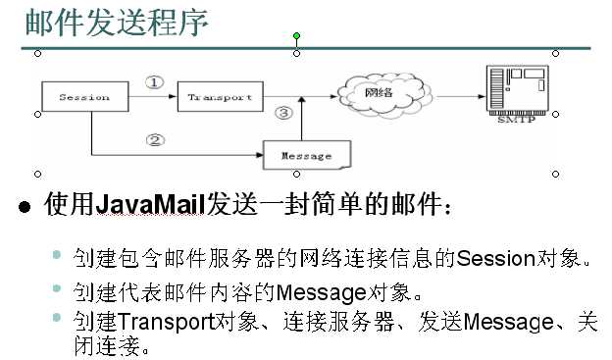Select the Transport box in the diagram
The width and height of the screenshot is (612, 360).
click(x=220, y=97)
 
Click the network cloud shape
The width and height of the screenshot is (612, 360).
click(x=382, y=93)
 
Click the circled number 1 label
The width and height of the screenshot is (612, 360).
click(x=154, y=82)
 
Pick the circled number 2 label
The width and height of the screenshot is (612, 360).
click(x=154, y=139)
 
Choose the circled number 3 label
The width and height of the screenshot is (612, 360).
click(x=284, y=114)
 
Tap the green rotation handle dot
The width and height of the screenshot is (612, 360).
click(x=296, y=36)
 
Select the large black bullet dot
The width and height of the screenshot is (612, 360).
click(x=25, y=206)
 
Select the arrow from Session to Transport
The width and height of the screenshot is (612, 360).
click(x=152, y=97)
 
